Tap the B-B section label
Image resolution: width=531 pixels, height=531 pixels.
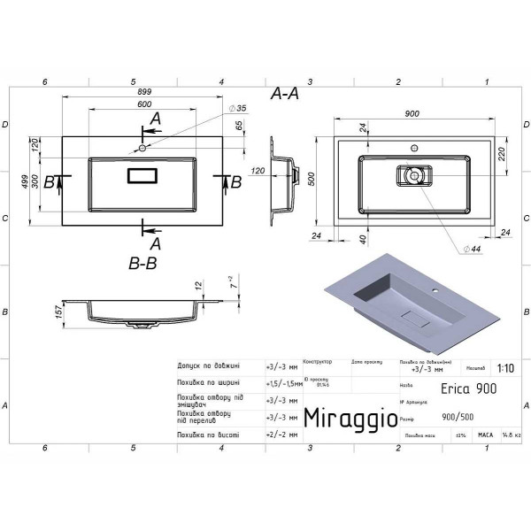pos(143,263)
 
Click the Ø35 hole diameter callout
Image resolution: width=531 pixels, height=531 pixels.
pos(236,108)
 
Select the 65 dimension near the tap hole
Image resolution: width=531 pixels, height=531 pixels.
pos(238,127)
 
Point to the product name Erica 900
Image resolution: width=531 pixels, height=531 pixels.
pos(468,389)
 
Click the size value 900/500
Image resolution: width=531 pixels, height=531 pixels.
pos(457,419)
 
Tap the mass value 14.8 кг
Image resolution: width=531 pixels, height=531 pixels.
pos(512,435)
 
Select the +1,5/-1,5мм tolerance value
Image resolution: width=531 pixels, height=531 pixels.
pos(282,382)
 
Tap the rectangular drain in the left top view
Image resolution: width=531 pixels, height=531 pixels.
pos(142,174)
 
